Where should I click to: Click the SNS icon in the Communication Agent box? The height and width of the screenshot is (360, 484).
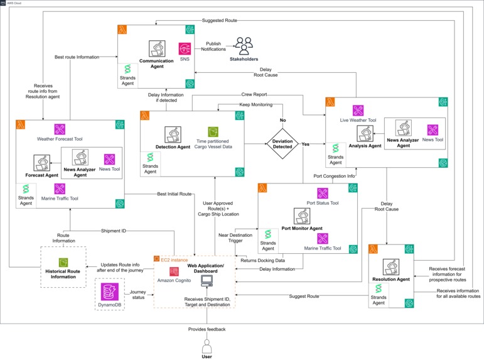click(x=185, y=48)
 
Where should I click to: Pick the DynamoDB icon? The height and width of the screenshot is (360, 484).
click(x=110, y=291)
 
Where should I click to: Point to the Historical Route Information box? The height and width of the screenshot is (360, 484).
click(x=63, y=266)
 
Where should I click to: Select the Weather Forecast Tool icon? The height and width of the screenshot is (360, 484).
click(x=60, y=129)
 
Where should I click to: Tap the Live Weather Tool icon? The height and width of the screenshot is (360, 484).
click(x=357, y=110)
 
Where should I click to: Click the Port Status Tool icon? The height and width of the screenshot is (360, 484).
click(x=322, y=194)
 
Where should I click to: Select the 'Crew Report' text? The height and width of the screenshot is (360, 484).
click(x=254, y=95)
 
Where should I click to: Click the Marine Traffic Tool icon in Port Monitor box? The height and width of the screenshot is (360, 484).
click(x=322, y=239)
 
